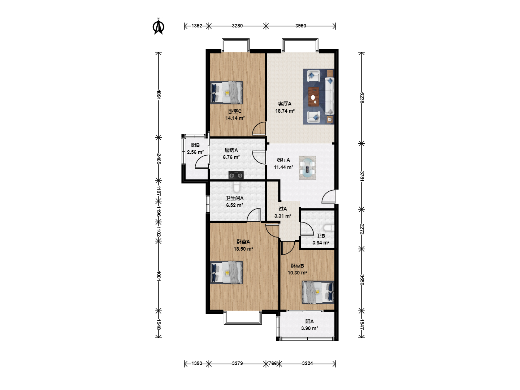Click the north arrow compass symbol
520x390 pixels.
(x=159, y=26)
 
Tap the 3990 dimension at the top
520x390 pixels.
(x=300, y=26)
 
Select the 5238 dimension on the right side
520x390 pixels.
(x=362, y=97)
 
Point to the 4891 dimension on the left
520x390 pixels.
(x=159, y=95)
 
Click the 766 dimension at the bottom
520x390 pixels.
(x=272, y=363)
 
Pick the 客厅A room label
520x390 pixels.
(x=285, y=104)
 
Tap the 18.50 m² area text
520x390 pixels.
(x=243, y=249)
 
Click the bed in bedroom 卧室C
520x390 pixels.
(x=226, y=92)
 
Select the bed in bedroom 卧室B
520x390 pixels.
(x=318, y=292)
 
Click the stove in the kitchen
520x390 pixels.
(x=236, y=175)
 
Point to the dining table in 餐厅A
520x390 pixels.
(x=307, y=168)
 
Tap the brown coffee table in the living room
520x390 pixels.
(x=314, y=97)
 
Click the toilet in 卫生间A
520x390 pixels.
(x=237, y=187)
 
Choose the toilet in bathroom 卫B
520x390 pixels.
(x=329, y=228)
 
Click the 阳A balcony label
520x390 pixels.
(x=309, y=321)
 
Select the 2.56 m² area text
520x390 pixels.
(x=195, y=152)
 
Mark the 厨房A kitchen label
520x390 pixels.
(x=231, y=150)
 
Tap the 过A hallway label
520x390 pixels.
(x=283, y=209)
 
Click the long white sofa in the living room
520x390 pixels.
(x=330, y=96)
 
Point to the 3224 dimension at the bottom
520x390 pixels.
(x=307, y=363)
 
